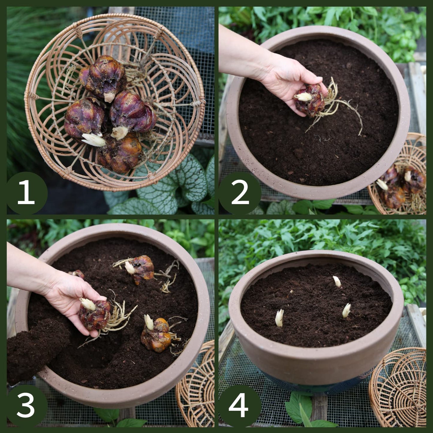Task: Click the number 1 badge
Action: pyautogui.click(x=27, y=193)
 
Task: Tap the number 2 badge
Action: pyautogui.click(x=239, y=193)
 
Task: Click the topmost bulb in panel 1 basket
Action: pyautogui.click(x=103, y=76)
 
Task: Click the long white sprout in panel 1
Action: pyautogui.click(x=93, y=140)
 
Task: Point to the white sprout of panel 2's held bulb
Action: pyautogui.click(x=303, y=96)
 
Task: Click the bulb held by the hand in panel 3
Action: pyautogui.click(x=95, y=315)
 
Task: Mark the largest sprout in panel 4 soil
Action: pyautogui.click(x=279, y=318)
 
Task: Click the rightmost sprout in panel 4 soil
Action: pyautogui.click(x=346, y=310)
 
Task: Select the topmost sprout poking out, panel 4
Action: pyautogui.click(x=337, y=281)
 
